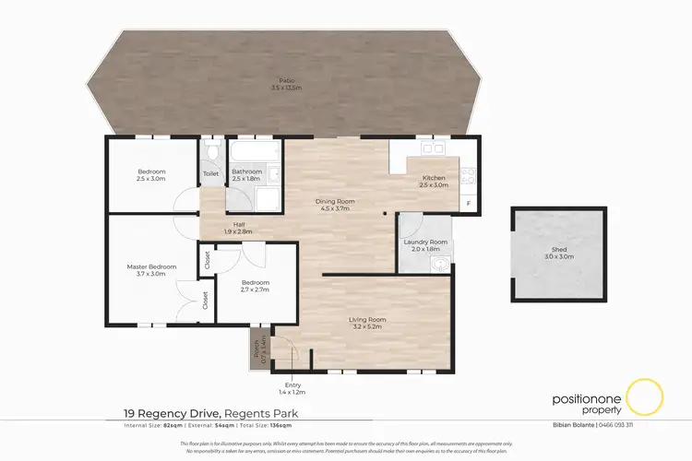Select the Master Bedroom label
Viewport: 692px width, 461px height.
pos(151,269)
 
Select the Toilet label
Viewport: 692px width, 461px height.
pos(211,172)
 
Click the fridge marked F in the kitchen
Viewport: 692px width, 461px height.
pos(469,202)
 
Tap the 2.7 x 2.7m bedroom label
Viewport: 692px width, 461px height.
pos(256,285)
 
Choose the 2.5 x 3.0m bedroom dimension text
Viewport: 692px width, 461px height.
pos(151,179)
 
